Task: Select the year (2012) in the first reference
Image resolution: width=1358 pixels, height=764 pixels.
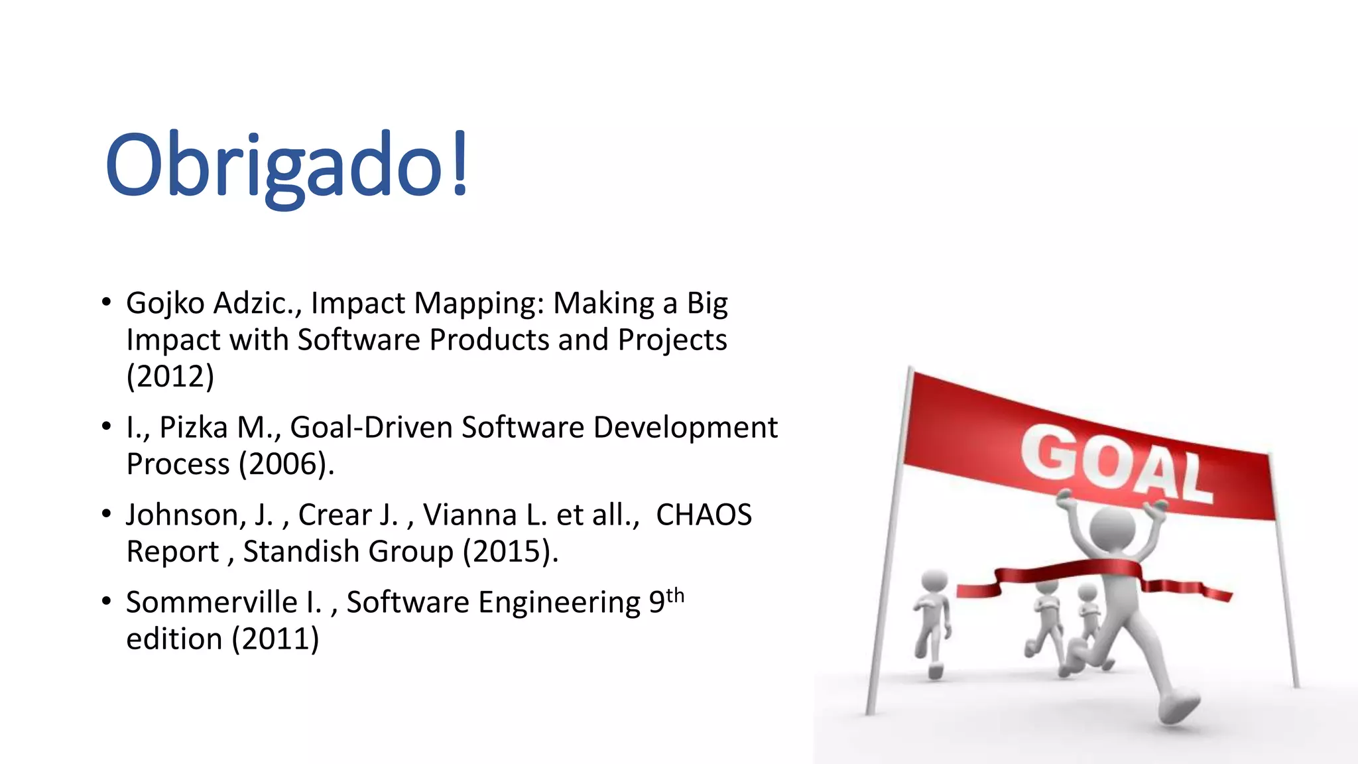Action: (170, 377)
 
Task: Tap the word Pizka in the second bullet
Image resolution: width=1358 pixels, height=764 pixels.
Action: (194, 427)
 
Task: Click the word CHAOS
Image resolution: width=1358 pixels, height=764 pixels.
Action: (704, 515)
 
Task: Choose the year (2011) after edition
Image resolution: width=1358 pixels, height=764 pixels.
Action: (275, 639)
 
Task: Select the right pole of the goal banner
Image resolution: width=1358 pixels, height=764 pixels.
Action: (1284, 570)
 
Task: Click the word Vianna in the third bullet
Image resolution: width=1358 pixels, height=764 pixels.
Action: (469, 515)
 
